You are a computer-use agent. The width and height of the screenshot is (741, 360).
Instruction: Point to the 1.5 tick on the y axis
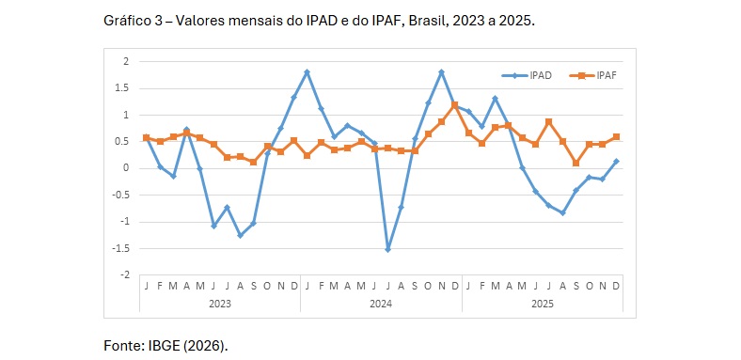click(x=123, y=87)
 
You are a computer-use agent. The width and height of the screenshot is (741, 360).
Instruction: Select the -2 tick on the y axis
click(x=125, y=275)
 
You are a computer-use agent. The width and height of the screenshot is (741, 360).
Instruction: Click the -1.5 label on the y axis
click(x=121, y=249)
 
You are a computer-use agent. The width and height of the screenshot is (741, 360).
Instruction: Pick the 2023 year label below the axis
click(x=220, y=304)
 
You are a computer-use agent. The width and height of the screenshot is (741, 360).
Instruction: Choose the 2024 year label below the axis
click(x=381, y=304)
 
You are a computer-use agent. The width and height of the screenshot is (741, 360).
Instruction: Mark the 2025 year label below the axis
click(x=543, y=304)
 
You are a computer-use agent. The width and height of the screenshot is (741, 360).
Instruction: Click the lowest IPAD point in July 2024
click(x=387, y=249)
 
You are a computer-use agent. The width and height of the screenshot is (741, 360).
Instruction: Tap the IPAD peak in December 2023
click(x=307, y=71)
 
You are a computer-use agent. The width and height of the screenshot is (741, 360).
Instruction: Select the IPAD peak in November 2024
click(x=442, y=71)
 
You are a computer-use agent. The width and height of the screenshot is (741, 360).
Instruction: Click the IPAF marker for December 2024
click(x=455, y=104)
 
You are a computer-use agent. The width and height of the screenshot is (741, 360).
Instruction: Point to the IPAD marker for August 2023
click(x=240, y=235)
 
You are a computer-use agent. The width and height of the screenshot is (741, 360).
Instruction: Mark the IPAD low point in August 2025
click(x=562, y=212)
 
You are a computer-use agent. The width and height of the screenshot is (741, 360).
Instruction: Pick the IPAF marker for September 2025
click(x=575, y=163)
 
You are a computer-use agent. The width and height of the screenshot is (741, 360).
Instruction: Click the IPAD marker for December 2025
click(x=616, y=161)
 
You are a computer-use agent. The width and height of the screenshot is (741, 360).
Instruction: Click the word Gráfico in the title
click(x=129, y=20)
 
